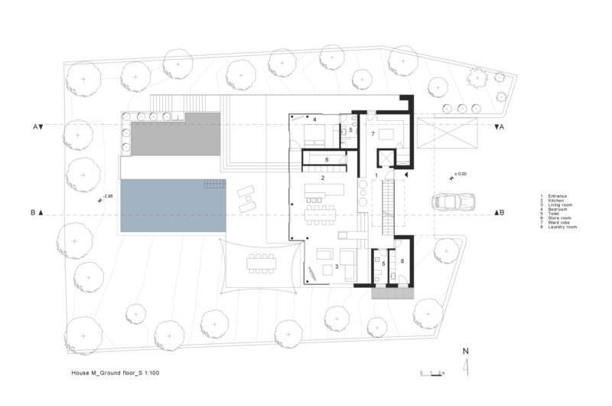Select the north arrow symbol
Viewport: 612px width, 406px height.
click(x=465, y=365)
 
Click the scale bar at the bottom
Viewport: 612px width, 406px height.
click(x=433, y=373)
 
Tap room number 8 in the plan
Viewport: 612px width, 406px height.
click(x=403, y=261)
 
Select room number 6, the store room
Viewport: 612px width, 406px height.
click(x=326, y=159)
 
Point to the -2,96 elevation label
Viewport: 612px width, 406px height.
click(x=108, y=197)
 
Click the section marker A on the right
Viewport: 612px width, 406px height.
click(x=500, y=126)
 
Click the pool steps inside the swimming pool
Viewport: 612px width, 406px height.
click(x=214, y=184)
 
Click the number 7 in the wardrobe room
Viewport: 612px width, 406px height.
click(x=373, y=134)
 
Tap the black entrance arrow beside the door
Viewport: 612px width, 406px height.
click(x=406, y=175)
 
